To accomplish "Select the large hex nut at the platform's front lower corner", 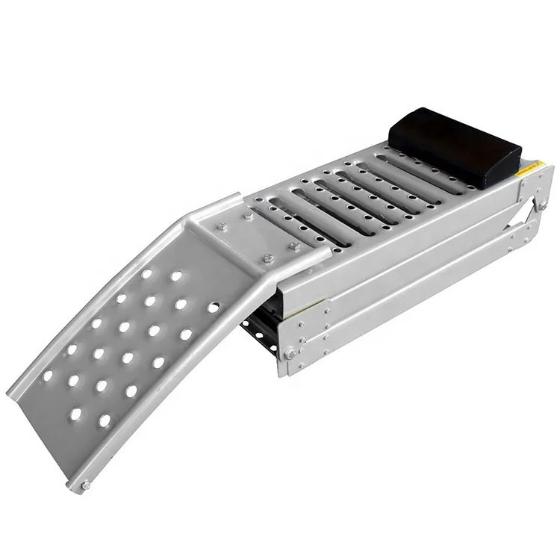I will (289, 354).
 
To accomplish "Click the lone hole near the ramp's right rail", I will (214, 307).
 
